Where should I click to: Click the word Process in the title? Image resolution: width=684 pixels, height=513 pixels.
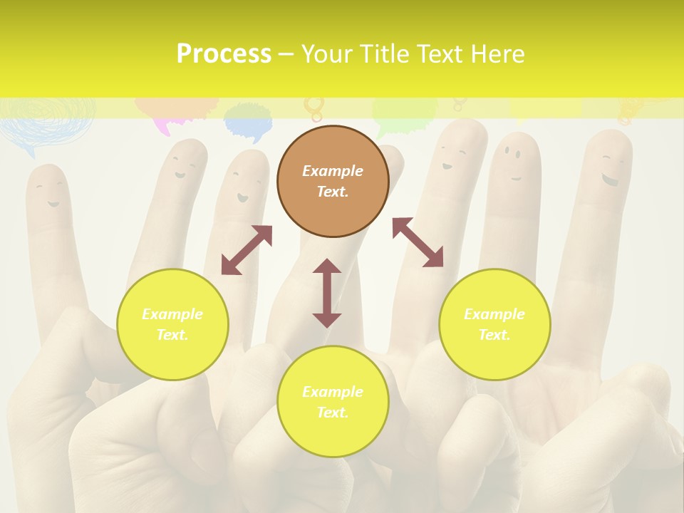(x=224, y=54)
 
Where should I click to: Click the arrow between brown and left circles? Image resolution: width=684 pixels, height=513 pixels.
(x=247, y=250)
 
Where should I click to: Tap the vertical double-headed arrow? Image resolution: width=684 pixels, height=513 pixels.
(x=327, y=293)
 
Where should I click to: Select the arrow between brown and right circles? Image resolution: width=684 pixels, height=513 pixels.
(x=418, y=242)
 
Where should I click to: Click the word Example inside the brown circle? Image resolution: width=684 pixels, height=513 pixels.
(x=333, y=171)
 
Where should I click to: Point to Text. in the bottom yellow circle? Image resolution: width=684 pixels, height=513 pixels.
(x=333, y=413)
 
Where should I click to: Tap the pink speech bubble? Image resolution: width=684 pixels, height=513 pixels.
(x=171, y=114)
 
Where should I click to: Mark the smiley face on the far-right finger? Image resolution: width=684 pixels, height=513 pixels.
(x=608, y=170)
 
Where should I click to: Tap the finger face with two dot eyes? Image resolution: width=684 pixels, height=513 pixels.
(x=512, y=160)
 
